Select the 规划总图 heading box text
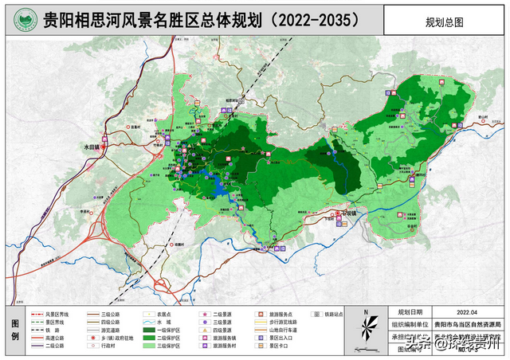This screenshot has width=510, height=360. coord(443,19)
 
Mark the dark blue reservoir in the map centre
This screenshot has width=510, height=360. coord(214,184)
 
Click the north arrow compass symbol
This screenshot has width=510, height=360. coord(365,327)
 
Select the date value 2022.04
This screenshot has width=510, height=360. coord(469,312)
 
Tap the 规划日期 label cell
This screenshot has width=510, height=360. coord(410,312)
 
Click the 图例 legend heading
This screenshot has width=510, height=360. coord(13,329)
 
